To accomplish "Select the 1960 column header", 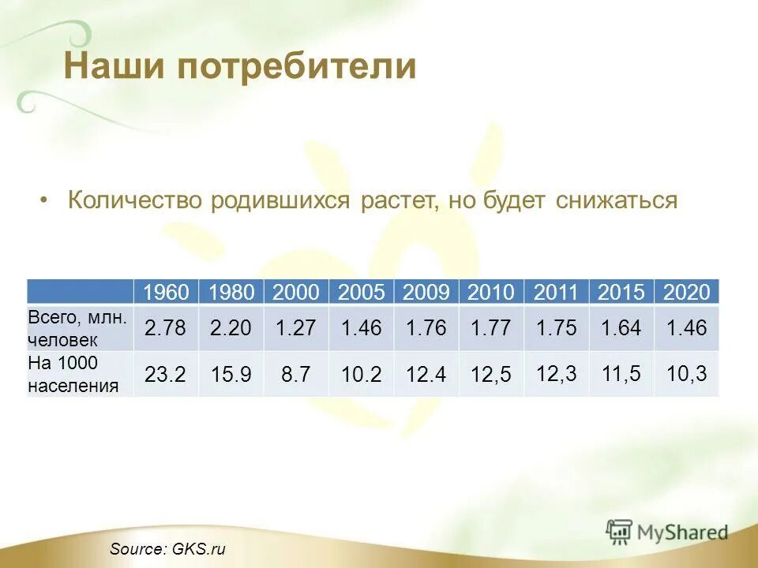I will pyautogui.click(x=167, y=293).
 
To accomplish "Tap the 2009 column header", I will pyautogui.click(x=426, y=293).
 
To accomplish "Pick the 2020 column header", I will pyautogui.click(x=687, y=293).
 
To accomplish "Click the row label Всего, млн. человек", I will pyautogui.click(x=79, y=328).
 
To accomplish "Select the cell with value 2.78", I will pyautogui.click(x=166, y=328).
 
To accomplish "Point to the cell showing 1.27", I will pyautogui.click(x=296, y=328).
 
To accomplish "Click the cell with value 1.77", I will pyautogui.click(x=491, y=328).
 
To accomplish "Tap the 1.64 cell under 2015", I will pyautogui.click(x=621, y=328).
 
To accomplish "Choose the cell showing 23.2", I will pyautogui.click(x=166, y=374).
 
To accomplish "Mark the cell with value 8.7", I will pyautogui.click(x=296, y=374).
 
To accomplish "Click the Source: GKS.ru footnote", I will pyautogui.click(x=167, y=549).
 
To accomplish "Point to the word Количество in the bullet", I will pyautogui.click(x=136, y=200).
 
